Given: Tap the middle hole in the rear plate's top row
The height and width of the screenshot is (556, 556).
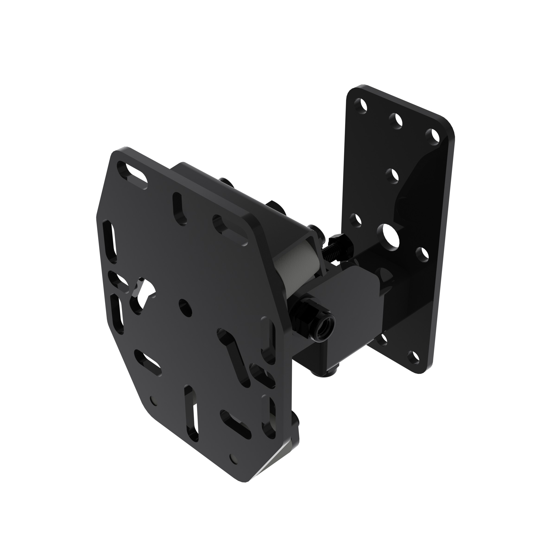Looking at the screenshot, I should click(x=397, y=120).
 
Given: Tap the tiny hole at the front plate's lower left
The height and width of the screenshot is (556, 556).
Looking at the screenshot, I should click(x=152, y=400).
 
